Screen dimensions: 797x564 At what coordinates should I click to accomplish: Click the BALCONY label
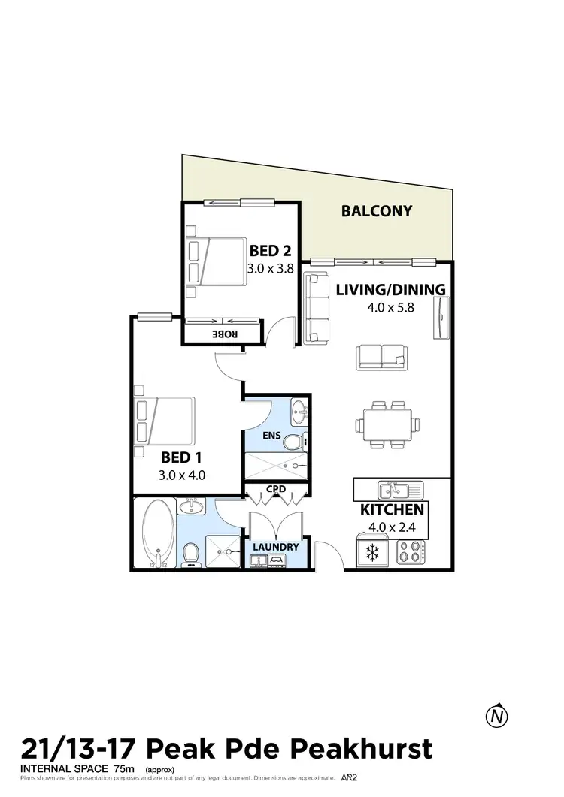[377, 211]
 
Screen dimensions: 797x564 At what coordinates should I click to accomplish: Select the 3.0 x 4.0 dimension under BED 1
[182, 475]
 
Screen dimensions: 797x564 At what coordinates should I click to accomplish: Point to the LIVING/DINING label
[391, 289]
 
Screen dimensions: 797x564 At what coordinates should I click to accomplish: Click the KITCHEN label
[393, 510]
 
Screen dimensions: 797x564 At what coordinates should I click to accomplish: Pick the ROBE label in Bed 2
[226, 333]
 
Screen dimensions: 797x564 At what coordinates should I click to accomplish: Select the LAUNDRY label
[275, 547]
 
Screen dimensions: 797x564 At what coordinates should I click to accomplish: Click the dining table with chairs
[386, 424]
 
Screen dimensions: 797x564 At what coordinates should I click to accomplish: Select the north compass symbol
[496, 716]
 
